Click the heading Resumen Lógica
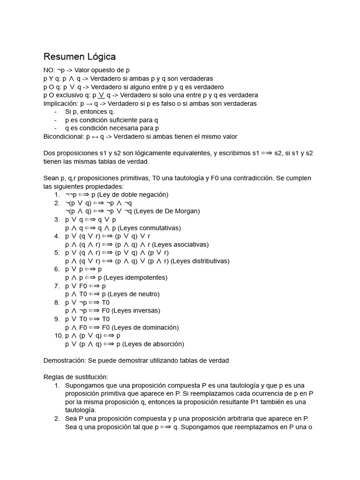[79, 57]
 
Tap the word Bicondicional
[64, 136]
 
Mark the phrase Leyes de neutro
[134, 294]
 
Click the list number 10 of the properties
[58, 336]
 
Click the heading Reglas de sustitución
[75, 377]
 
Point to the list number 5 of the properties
[57, 253]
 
